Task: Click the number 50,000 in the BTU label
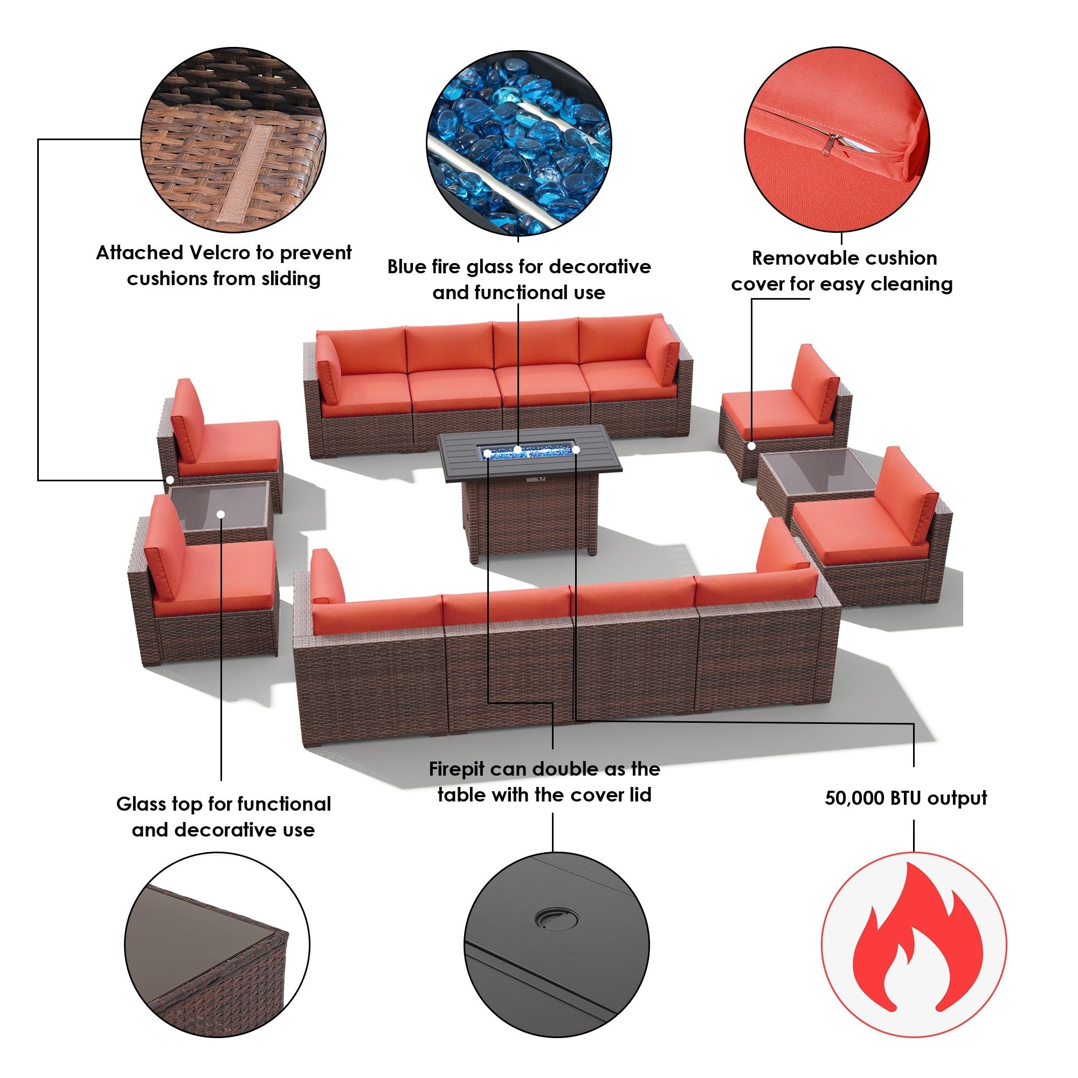(x=854, y=798)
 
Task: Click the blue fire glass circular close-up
(x=519, y=143)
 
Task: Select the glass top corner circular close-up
(x=217, y=945)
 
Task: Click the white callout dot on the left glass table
(x=221, y=514)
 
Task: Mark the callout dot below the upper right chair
(x=751, y=446)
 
